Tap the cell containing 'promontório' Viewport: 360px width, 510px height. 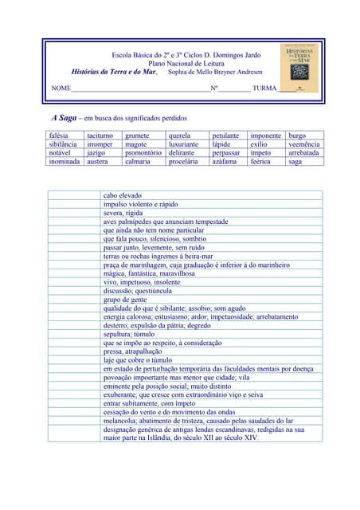click(143, 153)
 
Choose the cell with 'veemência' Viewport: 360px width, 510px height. click(303, 144)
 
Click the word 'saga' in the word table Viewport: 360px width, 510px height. click(295, 161)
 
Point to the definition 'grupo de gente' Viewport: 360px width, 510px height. click(125, 299)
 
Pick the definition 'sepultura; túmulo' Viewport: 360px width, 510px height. click(129, 334)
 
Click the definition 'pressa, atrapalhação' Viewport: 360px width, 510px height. click(132, 351)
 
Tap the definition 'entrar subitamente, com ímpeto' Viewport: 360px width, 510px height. click(149, 403)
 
